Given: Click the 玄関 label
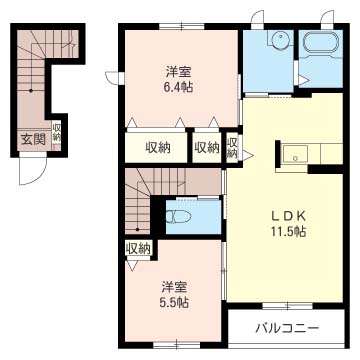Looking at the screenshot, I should point(31,139).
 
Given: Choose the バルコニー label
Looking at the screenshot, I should point(286,328).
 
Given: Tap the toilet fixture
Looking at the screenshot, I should point(179,217).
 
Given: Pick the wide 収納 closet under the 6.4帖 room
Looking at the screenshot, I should point(158,148).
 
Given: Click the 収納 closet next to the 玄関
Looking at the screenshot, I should point(58,134).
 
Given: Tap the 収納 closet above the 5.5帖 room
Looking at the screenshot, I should point(138,248).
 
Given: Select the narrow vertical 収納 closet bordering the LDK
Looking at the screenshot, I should point(231,149).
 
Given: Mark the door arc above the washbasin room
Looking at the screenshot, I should point(260,17).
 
